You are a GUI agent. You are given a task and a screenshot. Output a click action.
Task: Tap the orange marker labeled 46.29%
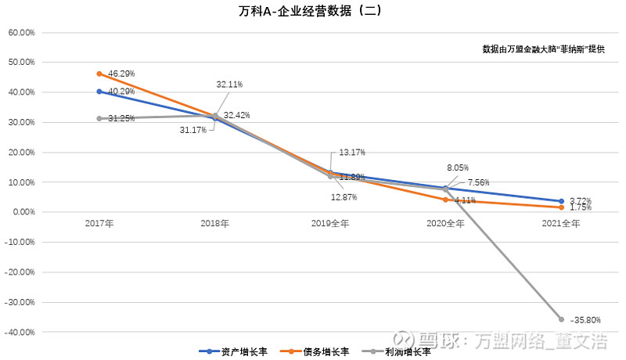[x=99, y=74]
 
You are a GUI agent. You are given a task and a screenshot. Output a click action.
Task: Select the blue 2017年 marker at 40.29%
[x=99, y=92]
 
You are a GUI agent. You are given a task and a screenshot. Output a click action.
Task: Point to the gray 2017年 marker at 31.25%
[x=99, y=118]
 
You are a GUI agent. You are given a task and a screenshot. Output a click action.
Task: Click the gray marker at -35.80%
[x=561, y=319]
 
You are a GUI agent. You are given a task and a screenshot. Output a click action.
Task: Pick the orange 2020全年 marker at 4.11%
[x=446, y=200]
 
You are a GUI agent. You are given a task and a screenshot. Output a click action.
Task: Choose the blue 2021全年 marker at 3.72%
[x=561, y=201]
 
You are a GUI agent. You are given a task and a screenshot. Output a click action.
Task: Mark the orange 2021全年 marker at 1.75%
[x=561, y=207]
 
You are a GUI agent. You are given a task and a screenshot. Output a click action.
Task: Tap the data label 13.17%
[x=352, y=153]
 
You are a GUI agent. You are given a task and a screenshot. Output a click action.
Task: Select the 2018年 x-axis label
[x=215, y=224]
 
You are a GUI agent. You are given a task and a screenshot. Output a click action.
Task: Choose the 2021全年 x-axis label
[x=561, y=224]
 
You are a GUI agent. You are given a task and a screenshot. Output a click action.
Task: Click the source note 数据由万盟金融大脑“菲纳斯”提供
[x=543, y=49]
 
